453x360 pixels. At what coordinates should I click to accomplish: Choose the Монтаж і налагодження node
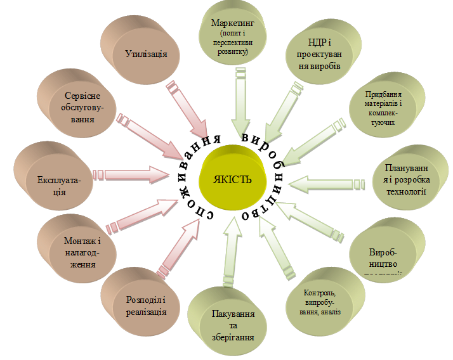(81, 251)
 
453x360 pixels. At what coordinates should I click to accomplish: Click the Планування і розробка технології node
(406, 181)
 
